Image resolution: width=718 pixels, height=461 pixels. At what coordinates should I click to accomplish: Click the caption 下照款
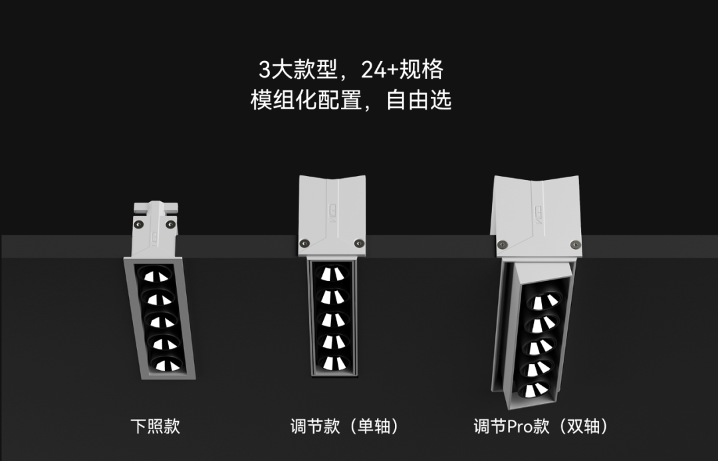coord(155,426)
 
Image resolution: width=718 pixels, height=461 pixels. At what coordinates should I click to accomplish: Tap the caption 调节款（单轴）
coord(344,426)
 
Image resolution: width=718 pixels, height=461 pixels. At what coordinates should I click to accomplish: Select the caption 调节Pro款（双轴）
coord(540,426)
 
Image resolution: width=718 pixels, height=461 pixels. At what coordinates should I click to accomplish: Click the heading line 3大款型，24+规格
coord(351,70)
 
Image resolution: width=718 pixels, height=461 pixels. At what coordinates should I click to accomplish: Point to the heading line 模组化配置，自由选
coord(351,100)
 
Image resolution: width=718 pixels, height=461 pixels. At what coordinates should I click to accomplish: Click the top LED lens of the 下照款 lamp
coord(156,275)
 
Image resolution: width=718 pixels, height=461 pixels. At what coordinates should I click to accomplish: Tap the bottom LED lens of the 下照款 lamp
coord(167,364)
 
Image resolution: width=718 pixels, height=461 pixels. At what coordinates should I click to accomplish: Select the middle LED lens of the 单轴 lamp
coord(333,320)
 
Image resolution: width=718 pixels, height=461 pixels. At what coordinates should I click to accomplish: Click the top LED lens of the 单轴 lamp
coord(332,274)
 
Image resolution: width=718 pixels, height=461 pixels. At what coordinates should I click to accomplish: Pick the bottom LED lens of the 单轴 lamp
coord(334,363)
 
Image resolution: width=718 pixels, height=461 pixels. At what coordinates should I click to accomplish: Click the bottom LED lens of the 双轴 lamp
coord(534,389)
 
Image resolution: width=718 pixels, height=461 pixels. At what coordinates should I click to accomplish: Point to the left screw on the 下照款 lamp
coord(138,225)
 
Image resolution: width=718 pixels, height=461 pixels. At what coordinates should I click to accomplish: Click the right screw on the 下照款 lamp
coord(170,225)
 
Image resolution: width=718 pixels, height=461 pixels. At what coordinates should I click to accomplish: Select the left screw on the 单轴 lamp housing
coord(304,243)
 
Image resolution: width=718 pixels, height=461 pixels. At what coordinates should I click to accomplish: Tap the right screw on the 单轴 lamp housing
coord(360,243)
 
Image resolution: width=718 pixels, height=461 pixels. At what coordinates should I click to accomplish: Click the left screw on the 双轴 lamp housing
coord(503,244)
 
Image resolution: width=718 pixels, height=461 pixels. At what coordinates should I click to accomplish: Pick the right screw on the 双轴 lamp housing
coord(576,244)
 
